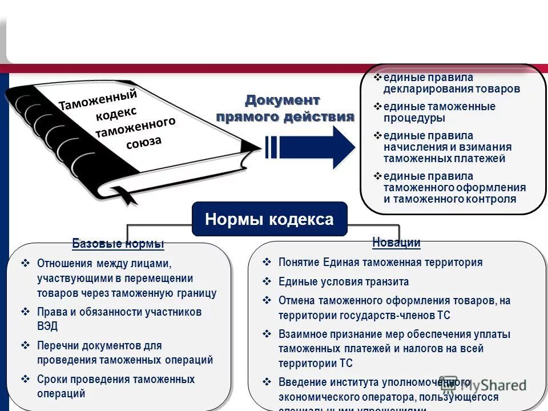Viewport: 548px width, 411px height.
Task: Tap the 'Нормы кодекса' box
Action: [269, 219]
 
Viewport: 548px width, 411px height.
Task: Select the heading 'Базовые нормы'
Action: [118, 244]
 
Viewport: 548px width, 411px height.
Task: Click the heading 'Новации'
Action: [396, 242]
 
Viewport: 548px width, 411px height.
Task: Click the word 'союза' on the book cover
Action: [144, 142]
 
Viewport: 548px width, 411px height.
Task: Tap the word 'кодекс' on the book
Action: [116, 112]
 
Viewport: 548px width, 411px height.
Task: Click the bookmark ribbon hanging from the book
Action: [128, 196]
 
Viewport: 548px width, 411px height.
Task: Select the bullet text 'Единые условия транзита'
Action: [343, 282]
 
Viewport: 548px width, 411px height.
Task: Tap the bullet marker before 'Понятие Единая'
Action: [266, 262]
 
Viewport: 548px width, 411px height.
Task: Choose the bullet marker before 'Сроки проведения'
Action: [25, 378]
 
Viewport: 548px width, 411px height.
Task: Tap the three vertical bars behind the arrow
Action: [271, 147]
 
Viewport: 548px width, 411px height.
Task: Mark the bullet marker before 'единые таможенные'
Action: [377, 106]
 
